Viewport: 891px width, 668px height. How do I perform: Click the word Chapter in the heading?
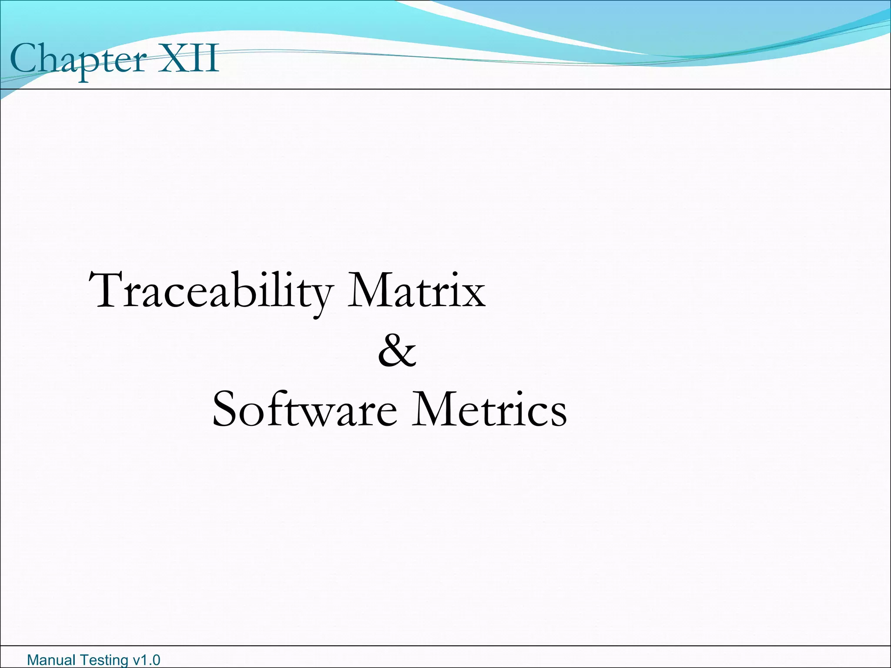pyautogui.click(x=78, y=59)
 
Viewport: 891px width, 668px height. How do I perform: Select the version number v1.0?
pyautogui.click(x=146, y=660)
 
